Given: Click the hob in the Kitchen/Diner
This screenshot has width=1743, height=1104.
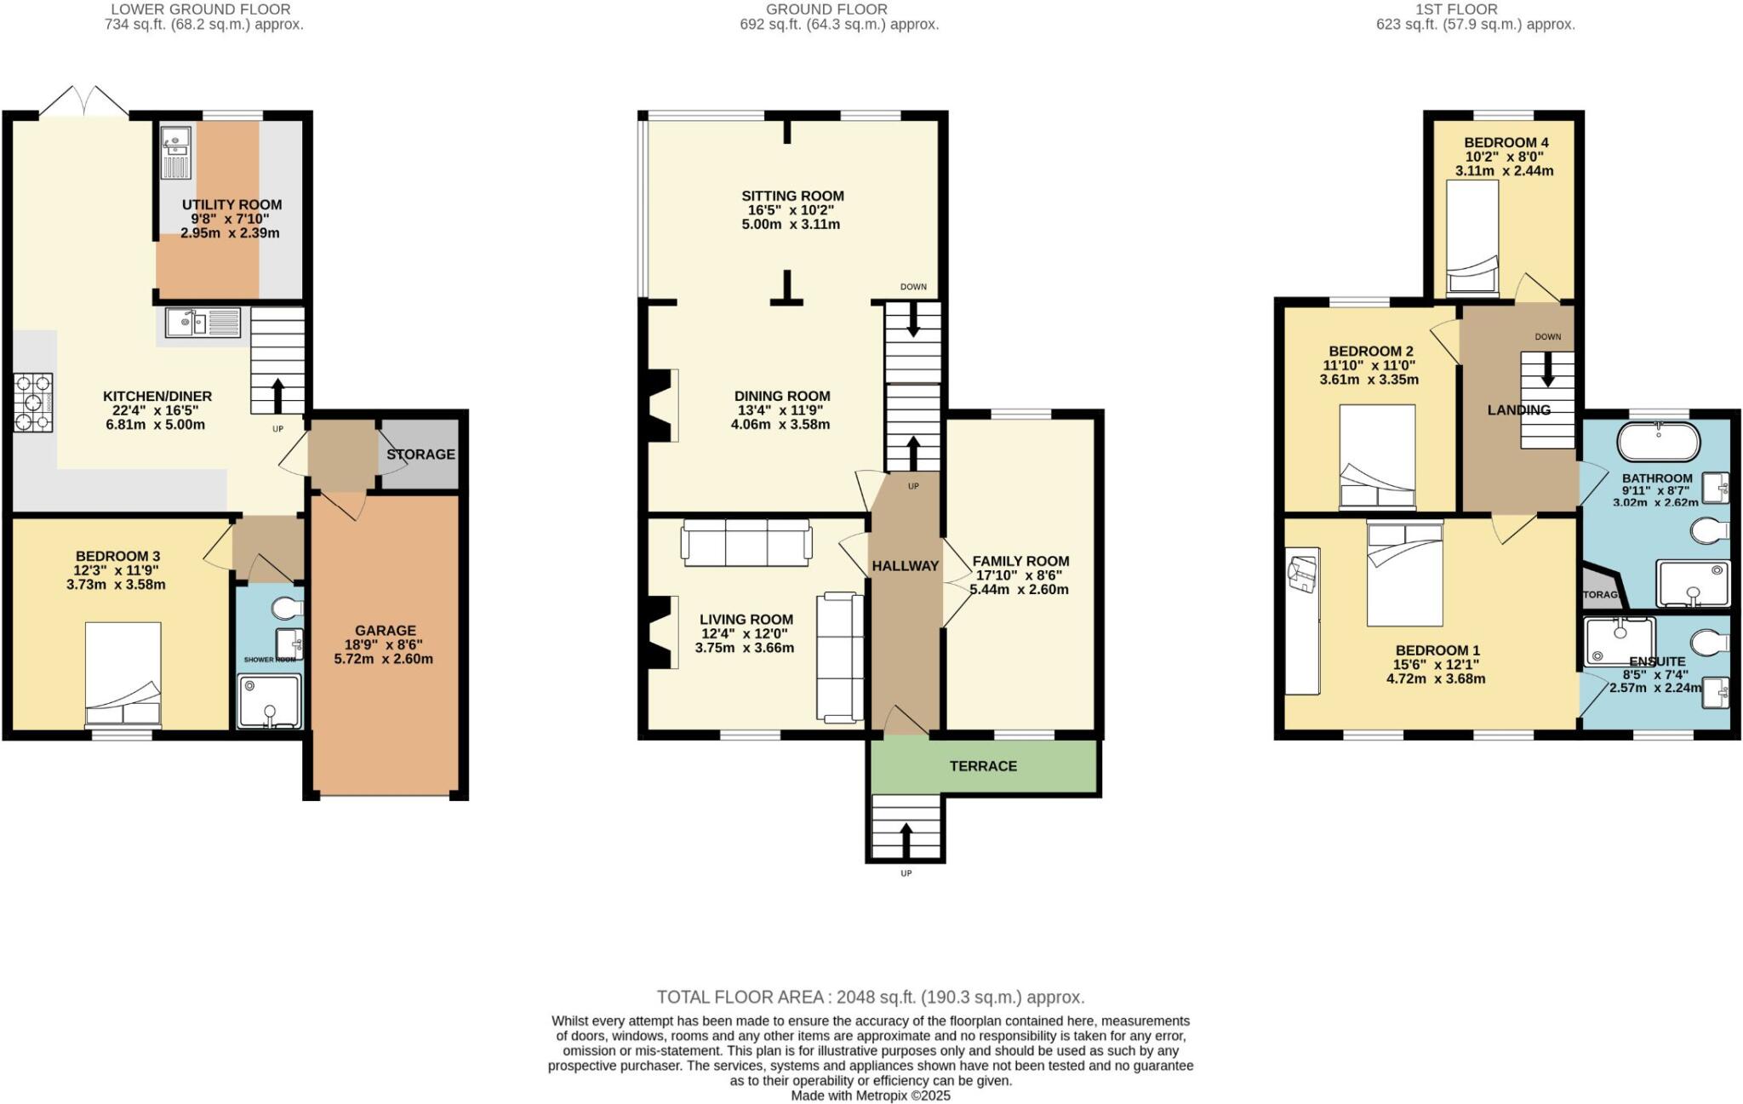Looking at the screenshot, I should [x=33, y=403].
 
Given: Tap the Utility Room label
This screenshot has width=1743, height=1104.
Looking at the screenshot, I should [x=231, y=205].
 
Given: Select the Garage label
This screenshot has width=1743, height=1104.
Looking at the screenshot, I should [x=386, y=631].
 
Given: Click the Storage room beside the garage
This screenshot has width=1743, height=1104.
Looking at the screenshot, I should [x=420, y=455].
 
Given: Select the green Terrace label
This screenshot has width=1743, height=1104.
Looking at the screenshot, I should [x=983, y=766].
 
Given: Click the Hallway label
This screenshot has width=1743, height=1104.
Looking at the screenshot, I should [x=905, y=566].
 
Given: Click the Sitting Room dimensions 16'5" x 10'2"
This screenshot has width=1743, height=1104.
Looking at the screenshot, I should [x=792, y=210].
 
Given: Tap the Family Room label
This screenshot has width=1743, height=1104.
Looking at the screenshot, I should [x=1020, y=561].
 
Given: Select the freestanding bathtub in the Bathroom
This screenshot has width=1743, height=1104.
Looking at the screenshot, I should [x=1658, y=443].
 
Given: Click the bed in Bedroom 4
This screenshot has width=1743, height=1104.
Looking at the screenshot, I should [x=1472, y=238].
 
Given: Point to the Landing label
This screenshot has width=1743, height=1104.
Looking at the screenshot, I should [x=1518, y=410].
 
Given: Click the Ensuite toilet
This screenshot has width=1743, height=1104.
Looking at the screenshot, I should [x=1709, y=641].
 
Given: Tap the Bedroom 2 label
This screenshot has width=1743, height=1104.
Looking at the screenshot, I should [x=1370, y=352].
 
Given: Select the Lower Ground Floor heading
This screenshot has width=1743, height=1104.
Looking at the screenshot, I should [x=201, y=9].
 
